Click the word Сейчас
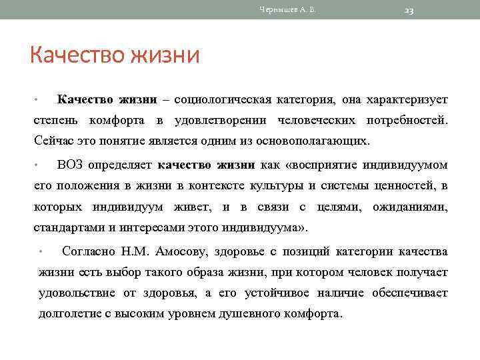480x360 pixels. point(51,141)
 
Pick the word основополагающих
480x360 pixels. point(315,141)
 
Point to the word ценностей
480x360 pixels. point(407,185)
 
